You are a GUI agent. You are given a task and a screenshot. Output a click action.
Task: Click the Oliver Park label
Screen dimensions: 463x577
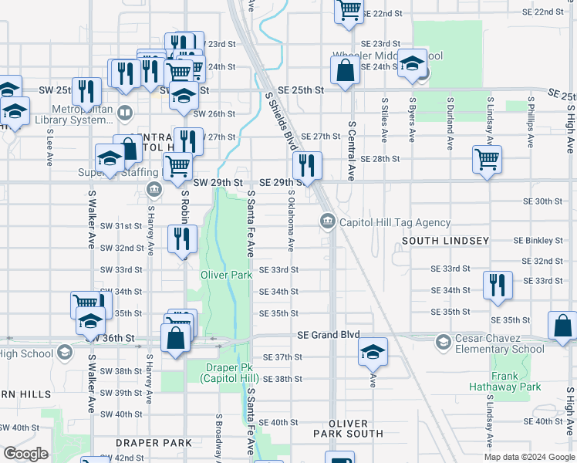tap(227, 275)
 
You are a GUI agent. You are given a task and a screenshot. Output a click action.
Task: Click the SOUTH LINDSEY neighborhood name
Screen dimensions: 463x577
tap(445, 241)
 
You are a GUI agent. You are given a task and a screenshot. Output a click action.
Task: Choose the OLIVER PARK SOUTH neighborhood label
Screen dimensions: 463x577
tap(356, 428)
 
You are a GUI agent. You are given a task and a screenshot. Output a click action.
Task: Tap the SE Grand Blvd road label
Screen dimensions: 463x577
tap(329, 336)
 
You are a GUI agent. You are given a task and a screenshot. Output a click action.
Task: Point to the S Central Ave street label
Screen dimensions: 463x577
tap(351, 150)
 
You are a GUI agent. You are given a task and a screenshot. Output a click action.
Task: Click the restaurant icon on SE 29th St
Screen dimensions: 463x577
tap(307, 165)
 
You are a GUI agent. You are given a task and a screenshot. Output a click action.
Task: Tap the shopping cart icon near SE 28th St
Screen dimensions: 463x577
tap(488, 160)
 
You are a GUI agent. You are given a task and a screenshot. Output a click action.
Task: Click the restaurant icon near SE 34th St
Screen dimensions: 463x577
tap(498, 285)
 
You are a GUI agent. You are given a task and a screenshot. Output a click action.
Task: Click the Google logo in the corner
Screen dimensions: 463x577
tap(25, 454)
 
